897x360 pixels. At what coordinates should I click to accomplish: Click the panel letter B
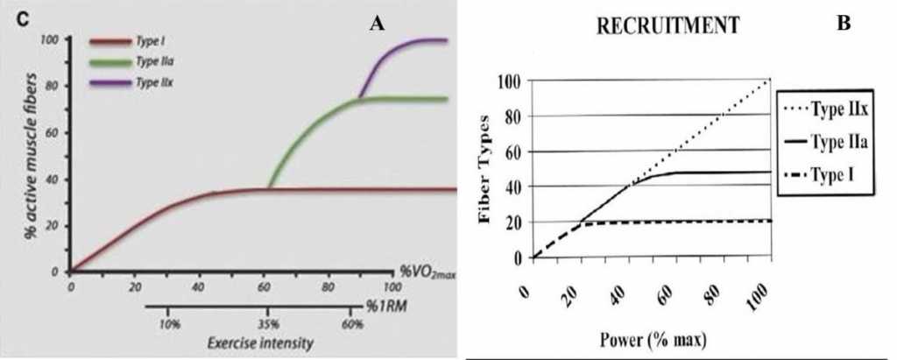point(844,25)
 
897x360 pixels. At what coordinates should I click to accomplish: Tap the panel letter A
point(378,24)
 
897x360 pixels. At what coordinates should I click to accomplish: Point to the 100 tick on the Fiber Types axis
point(509,81)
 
